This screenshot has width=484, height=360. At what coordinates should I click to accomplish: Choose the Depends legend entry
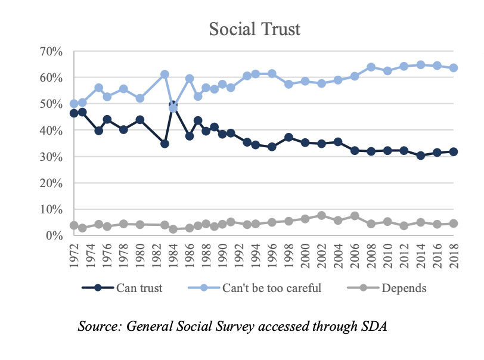[404, 288]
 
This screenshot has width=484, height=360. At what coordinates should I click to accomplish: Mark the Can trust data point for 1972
[74, 113]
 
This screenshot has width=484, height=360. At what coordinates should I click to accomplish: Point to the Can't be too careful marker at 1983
[165, 75]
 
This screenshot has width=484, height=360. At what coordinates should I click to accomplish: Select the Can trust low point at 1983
[165, 144]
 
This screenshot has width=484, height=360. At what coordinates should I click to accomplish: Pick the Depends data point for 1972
[74, 225]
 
